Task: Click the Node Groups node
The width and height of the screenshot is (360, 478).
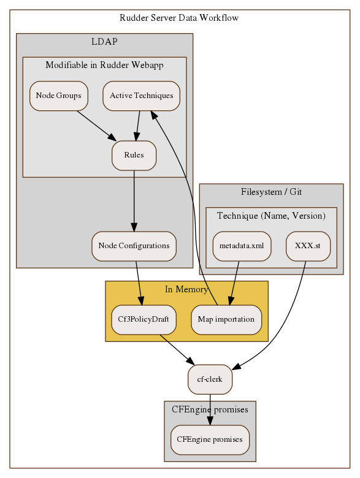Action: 59,96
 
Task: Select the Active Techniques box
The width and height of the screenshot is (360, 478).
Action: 141,96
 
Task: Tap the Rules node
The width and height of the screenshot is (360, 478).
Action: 134,155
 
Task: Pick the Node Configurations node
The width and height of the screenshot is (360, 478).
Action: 134,246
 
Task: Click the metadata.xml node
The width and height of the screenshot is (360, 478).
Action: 242,246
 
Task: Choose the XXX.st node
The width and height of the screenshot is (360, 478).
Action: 308,246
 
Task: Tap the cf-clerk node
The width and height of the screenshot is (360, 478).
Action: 210,379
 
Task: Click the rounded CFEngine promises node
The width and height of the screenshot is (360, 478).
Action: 210,439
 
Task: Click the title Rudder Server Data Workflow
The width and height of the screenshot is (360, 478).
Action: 180,18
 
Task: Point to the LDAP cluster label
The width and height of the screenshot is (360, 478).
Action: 104,42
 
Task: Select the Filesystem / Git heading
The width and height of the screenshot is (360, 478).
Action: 271,192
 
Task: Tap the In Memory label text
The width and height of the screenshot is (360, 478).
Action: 186,289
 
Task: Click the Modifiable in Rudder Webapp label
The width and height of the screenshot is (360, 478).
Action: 104,66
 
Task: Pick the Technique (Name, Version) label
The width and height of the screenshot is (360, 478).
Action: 271,216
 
